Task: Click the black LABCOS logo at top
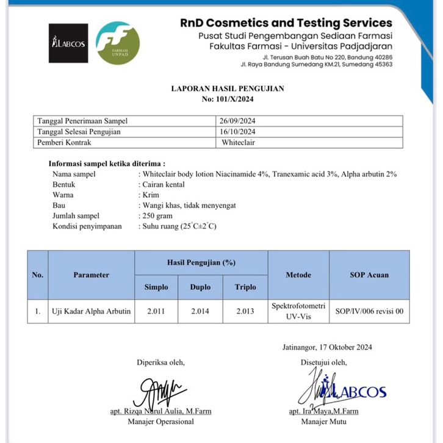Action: pyautogui.click(x=68, y=43)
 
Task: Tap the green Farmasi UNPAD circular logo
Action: pyautogui.click(x=118, y=43)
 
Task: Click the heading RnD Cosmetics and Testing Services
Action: pyautogui.click(x=286, y=23)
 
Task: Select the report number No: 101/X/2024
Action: pyautogui.click(x=227, y=99)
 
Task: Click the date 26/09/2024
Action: pyautogui.click(x=239, y=121)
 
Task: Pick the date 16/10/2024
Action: pyautogui.click(x=239, y=132)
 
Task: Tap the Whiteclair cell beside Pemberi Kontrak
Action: pyautogui.click(x=239, y=143)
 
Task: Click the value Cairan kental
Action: pyautogui.click(x=163, y=184)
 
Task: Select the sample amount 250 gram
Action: pyautogui.click(x=157, y=215)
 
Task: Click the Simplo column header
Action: pyautogui.click(x=156, y=286)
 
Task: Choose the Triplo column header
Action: pyautogui.click(x=245, y=286)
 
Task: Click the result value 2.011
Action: pyautogui.click(x=156, y=311)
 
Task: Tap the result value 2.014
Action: pyautogui.click(x=201, y=311)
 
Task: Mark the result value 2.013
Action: pyautogui.click(x=245, y=311)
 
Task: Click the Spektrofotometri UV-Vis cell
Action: pyautogui.click(x=298, y=311)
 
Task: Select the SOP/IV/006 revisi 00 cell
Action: pyautogui.click(x=369, y=311)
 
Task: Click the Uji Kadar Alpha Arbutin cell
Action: pyautogui.click(x=92, y=311)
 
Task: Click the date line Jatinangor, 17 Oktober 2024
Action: pyautogui.click(x=327, y=347)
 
